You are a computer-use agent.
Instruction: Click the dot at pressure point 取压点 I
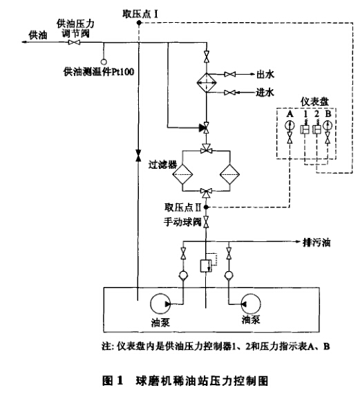pos(139,23)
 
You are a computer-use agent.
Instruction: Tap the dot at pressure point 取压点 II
pos(206,207)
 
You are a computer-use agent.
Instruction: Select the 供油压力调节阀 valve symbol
pos(74,42)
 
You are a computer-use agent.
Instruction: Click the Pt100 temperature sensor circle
pos(104,62)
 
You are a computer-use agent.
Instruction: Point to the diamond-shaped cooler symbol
pos(207,83)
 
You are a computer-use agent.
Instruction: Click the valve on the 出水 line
pos(230,74)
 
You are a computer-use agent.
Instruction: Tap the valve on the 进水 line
pos(230,93)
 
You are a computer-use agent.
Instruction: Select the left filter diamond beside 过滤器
pos(182,174)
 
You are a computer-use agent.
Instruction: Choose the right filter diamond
pos(230,174)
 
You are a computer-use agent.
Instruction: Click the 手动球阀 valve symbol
pos(206,222)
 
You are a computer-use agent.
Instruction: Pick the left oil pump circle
pos(160,304)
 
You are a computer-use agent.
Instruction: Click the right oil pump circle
pos(251,304)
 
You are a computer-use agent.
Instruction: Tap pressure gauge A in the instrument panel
pos(290,125)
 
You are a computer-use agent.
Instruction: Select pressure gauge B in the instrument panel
pos(328,125)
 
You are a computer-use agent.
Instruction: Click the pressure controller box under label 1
pos(304,129)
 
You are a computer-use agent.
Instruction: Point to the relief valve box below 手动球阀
pos(205,266)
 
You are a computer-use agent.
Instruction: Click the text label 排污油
pos(316,243)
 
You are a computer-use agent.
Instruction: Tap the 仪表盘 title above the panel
pos(314,102)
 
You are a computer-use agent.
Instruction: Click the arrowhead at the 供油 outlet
pos(25,42)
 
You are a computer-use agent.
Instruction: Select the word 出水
pos(265,74)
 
